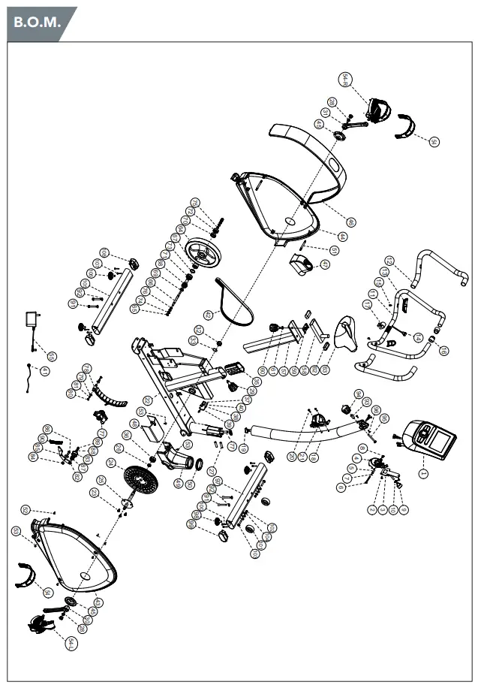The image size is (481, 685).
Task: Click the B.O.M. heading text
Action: point(36,23)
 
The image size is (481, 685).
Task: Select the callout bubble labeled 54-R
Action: point(345,80)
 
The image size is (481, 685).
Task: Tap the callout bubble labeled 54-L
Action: point(71,643)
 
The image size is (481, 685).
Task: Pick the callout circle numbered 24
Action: point(194,203)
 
